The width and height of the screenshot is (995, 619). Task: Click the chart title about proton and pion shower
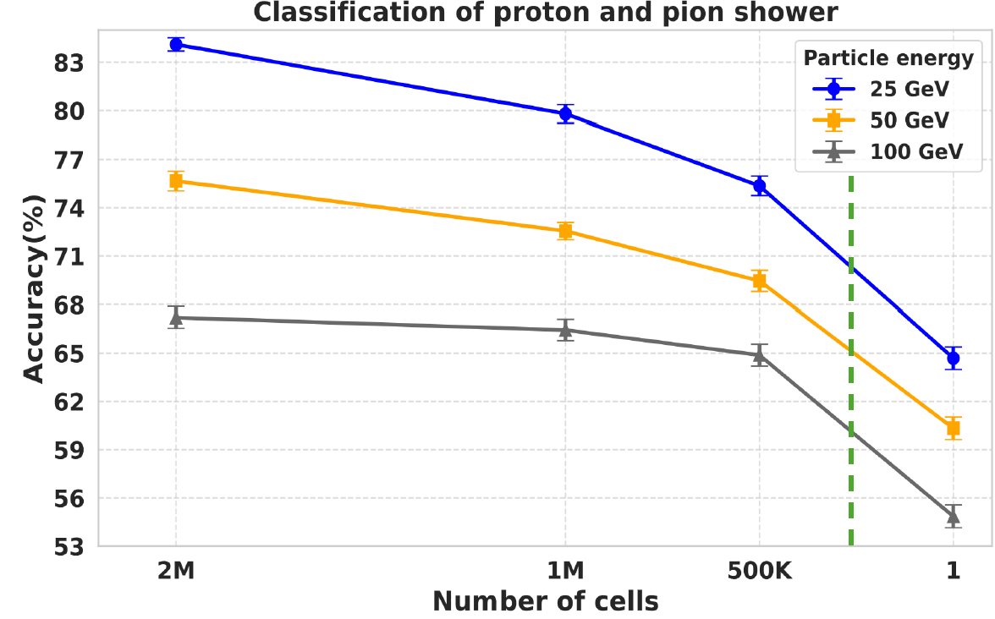point(547,13)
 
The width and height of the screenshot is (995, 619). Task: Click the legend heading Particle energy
point(888,58)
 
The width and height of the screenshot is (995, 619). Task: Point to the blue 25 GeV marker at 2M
point(176,44)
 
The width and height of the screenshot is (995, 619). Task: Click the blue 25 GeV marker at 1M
point(565,113)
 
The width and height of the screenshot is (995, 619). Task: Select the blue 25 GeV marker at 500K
point(759,186)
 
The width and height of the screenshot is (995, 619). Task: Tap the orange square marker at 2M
point(176,181)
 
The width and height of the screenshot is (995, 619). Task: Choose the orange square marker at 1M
point(565,231)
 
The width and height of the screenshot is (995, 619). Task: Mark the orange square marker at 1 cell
point(954,428)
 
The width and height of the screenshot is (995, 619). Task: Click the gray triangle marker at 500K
point(759,355)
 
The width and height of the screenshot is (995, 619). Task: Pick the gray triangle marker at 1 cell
point(954,516)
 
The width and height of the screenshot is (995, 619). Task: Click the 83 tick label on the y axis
point(71,63)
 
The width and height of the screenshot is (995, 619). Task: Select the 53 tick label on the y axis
point(71,546)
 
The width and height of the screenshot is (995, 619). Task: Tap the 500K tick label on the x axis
point(759,572)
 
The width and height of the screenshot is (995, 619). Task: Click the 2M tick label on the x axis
point(176,572)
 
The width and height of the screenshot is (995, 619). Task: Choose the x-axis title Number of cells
point(546,601)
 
